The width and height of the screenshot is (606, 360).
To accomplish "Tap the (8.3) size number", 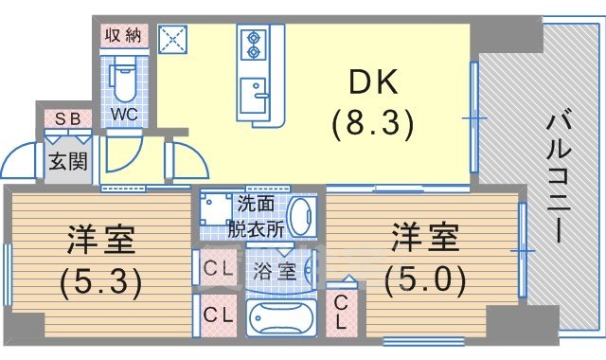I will [372, 123].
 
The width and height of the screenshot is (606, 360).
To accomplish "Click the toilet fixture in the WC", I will [123, 80].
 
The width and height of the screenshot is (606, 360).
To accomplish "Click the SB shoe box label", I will [67, 119].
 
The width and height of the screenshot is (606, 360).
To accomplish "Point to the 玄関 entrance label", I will [68, 160].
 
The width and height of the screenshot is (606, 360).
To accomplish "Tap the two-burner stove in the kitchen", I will [256, 45].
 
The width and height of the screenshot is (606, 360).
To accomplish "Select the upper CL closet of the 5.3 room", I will [218, 268].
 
